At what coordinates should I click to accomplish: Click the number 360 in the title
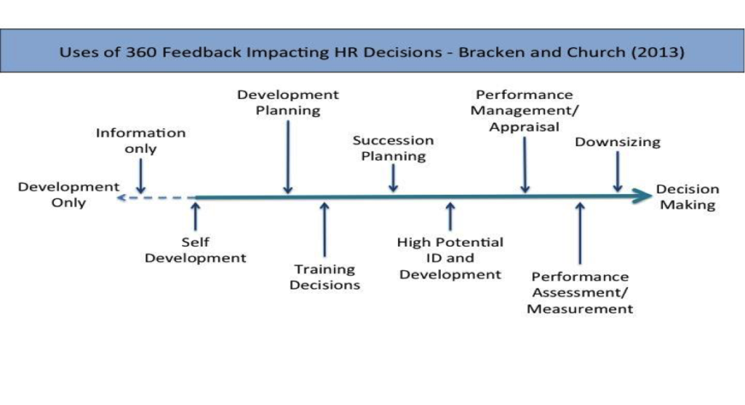pos(141,52)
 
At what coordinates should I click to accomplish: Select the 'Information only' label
pos(140,140)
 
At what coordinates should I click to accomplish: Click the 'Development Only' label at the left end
pos(68,195)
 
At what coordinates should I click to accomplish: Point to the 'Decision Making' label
pos(688,196)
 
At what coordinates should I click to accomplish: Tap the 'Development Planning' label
pos(288,103)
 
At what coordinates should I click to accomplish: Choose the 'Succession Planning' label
pos(394,148)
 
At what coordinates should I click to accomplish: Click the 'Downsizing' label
pos(618,142)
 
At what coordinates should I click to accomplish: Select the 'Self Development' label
pos(195,249)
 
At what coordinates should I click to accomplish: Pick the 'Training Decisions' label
pos(324,277)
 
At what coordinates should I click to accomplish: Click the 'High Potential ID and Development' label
pos(450,258)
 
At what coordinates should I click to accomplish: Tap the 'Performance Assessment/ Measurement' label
pos(580,292)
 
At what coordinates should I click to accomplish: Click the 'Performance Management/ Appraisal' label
pos(525,111)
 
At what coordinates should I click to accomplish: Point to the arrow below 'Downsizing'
pos(618,172)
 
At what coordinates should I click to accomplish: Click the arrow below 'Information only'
pos(140,176)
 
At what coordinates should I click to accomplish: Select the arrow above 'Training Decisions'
pos(324,229)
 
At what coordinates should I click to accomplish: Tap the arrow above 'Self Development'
pos(195,217)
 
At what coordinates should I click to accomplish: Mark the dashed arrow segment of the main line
pos(156,198)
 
